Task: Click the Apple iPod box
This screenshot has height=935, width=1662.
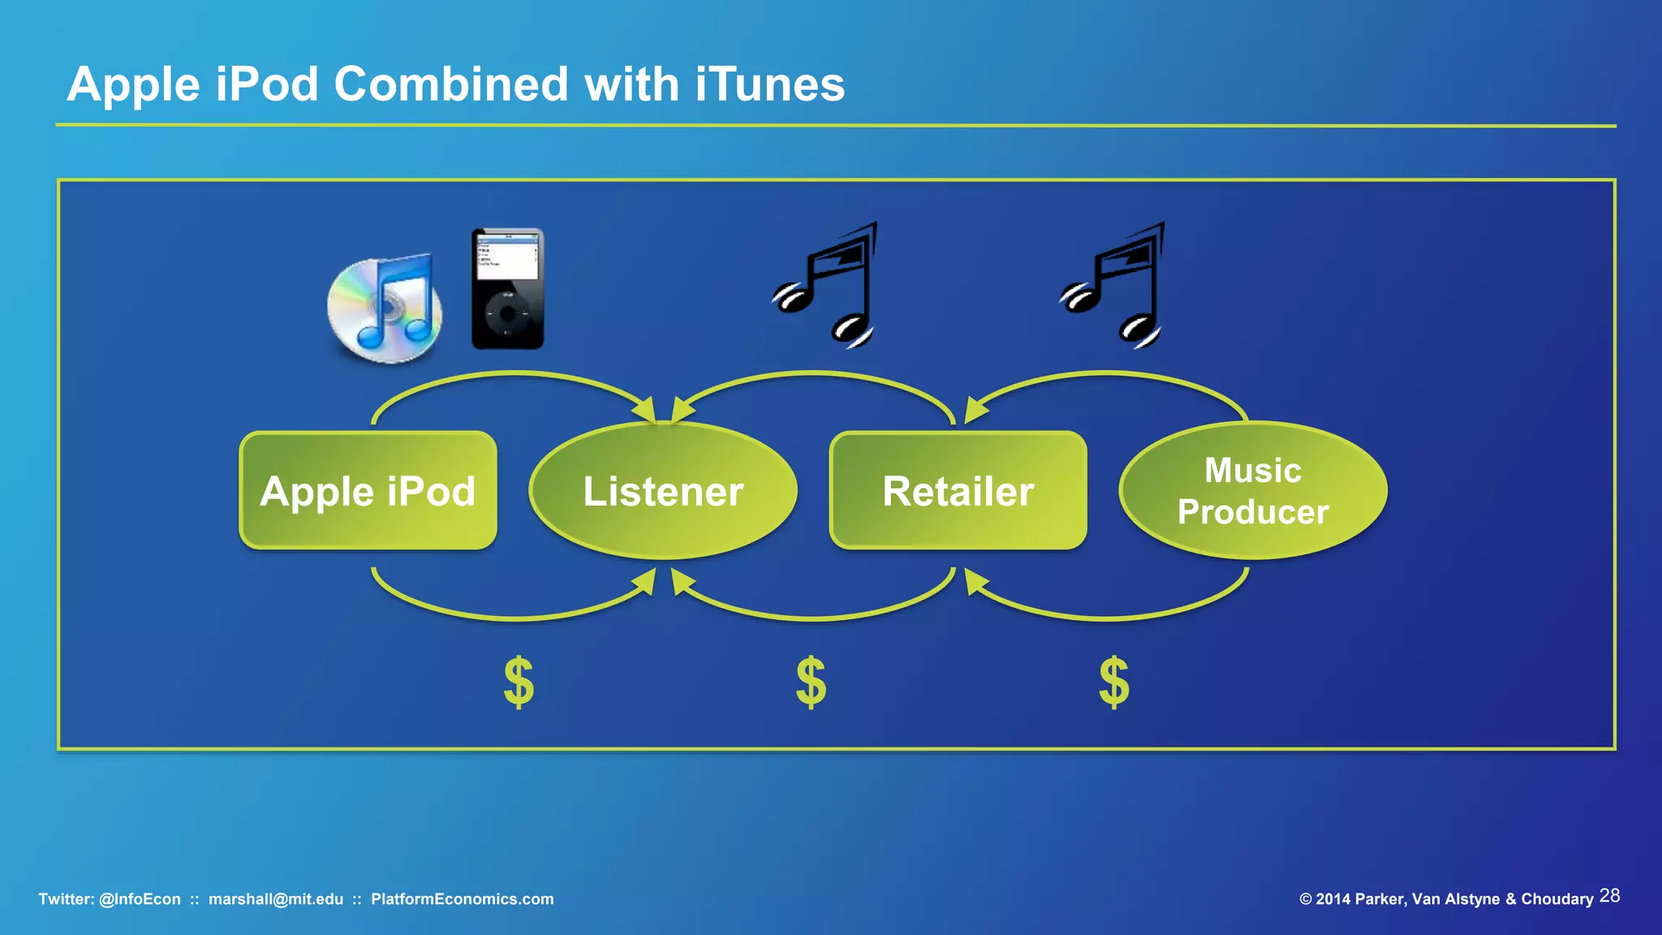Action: [368, 491]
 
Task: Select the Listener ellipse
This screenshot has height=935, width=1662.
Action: [663, 491]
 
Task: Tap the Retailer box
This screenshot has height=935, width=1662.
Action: [958, 491]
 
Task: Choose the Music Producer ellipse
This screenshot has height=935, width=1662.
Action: [1253, 491]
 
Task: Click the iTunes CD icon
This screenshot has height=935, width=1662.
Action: [385, 309]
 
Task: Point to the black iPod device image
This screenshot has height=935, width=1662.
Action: [508, 289]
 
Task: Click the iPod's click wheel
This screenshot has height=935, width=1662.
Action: [507, 313]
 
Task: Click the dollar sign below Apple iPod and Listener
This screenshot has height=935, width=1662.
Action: [519, 683]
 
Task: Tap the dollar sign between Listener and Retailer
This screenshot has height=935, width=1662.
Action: [811, 683]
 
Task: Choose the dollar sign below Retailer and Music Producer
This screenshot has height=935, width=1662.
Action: [1113, 683]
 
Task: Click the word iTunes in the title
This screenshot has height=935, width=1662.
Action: [769, 84]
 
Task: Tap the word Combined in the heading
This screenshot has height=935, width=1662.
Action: [451, 84]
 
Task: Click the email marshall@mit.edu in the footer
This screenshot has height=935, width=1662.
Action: [276, 899]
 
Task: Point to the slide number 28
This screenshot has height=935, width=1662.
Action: [1609, 896]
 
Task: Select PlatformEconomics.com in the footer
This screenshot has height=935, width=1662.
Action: [462, 899]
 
